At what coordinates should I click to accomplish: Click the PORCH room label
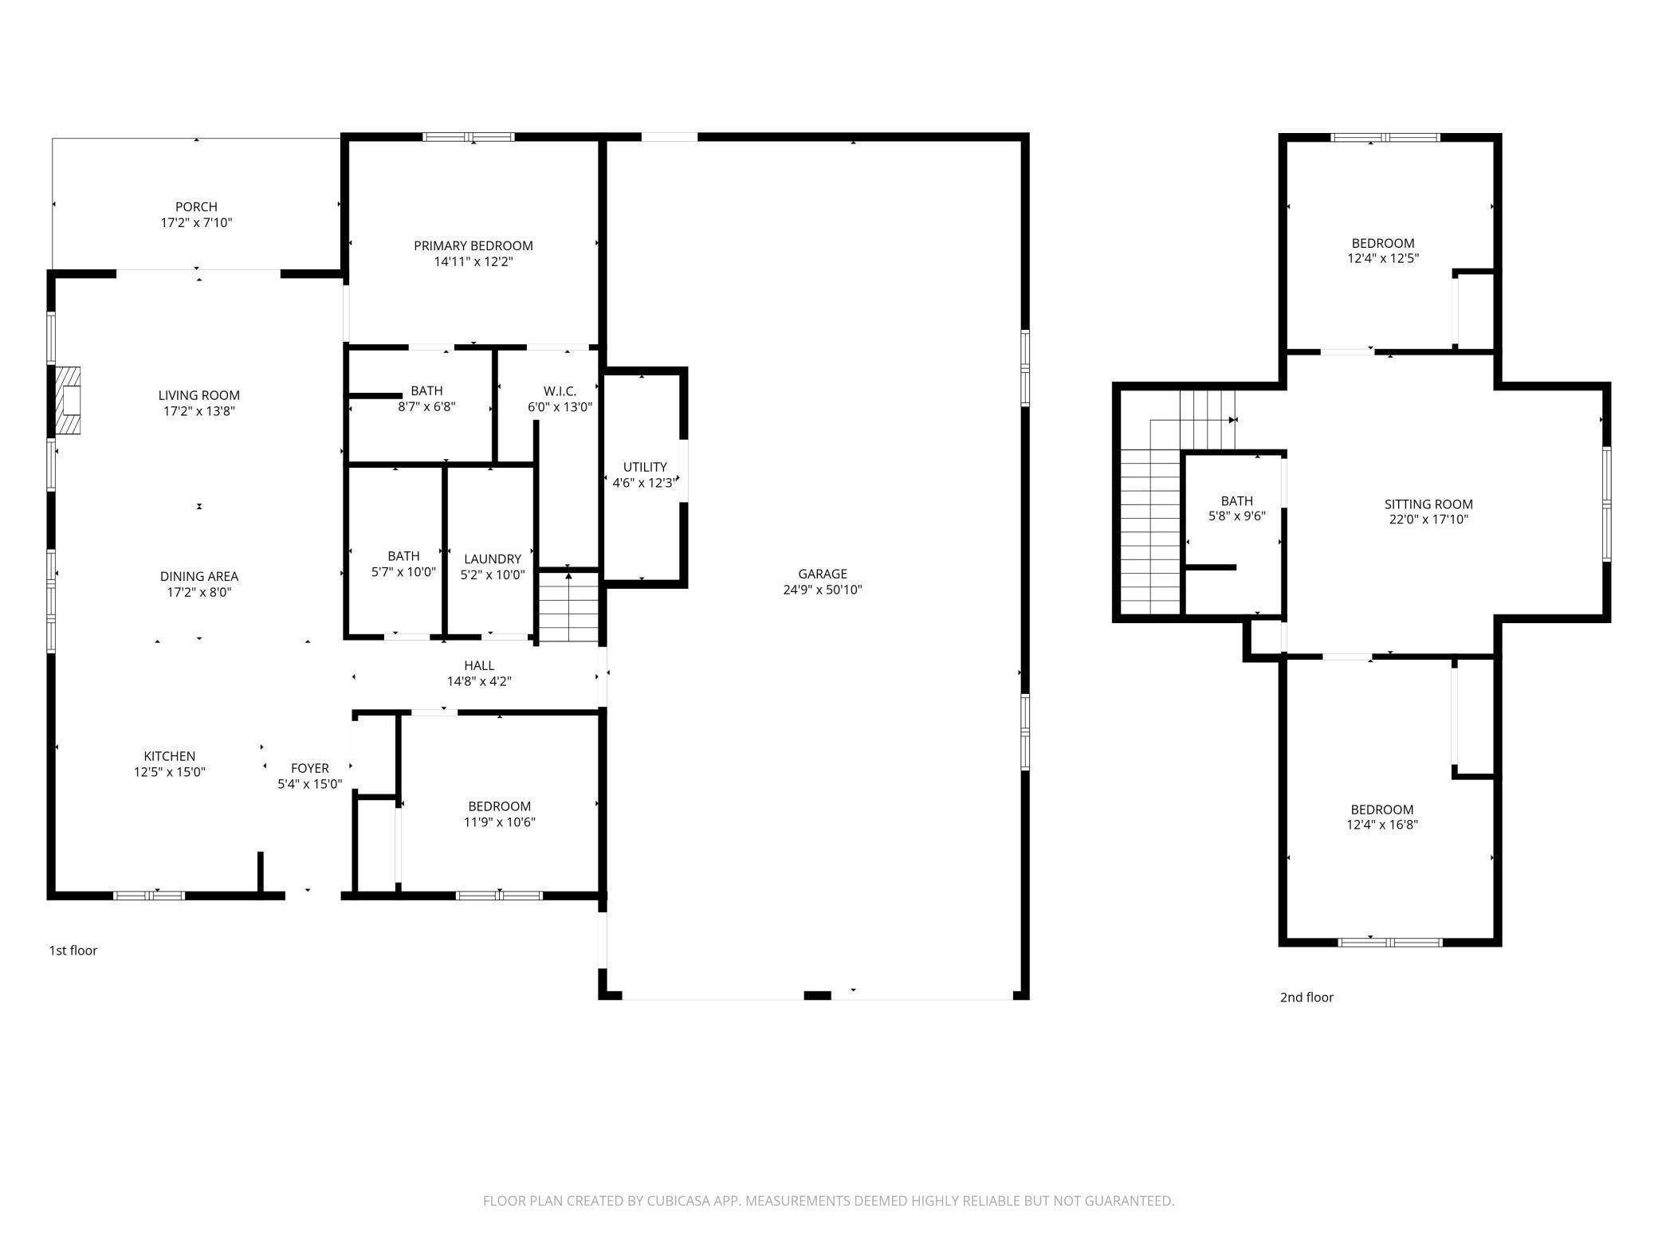click(x=196, y=207)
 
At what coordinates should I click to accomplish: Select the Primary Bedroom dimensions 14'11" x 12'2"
click(x=473, y=261)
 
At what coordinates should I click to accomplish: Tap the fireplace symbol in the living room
click(x=69, y=401)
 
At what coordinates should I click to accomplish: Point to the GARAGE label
click(x=823, y=574)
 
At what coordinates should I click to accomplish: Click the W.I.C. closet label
click(x=560, y=391)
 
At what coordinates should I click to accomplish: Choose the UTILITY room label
click(x=645, y=467)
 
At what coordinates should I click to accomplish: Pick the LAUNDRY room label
click(x=493, y=559)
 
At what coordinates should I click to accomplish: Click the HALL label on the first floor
click(x=479, y=665)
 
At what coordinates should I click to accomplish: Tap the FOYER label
click(x=310, y=768)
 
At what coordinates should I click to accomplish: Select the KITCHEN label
click(x=170, y=756)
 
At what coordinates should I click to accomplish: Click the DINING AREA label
click(x=199, y=576)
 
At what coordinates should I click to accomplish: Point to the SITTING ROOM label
click(x=1428, y=504)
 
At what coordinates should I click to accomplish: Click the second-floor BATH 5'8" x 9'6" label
click(x=1237, y=508)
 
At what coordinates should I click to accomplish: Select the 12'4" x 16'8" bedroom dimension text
click(x=1382, y=825)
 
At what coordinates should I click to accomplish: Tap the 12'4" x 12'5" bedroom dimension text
click(x=1383, y=259)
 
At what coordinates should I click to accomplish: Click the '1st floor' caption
click(x=73, y=951)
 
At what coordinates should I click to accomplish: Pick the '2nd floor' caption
click(x=1306, y=998)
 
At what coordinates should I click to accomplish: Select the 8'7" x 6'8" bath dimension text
click(x=427, y=406)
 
